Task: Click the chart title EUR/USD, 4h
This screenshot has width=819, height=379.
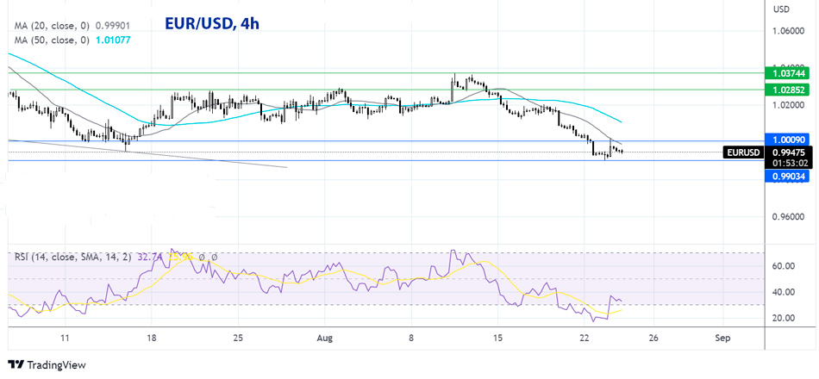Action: (x=211, y=24)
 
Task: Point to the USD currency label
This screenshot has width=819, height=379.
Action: (x=782, y=9)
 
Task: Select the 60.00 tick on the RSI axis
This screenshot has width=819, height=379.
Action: (x=783, y=267)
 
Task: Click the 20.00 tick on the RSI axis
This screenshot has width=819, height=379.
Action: (x=783, y=318)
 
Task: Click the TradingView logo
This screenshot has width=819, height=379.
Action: (x=47, y=365)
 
